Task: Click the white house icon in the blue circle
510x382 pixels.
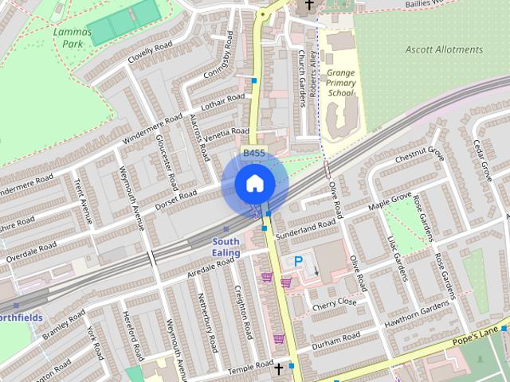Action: coord(255,183)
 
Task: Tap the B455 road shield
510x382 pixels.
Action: coord(253,152)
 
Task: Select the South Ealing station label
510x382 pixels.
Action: coord(226,247)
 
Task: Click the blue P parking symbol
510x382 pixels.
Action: coord(299,260)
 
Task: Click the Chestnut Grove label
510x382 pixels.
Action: coord(418,154)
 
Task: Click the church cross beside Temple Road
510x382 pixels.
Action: coord(279,370)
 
